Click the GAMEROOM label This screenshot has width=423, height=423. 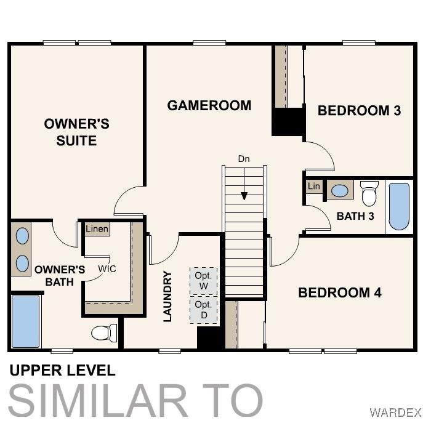(x=209, y=105)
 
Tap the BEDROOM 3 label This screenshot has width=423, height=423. (x=359, y=111)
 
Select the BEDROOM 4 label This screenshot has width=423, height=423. (x=340, y=292)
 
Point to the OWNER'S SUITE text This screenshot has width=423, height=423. (x=76, y=132)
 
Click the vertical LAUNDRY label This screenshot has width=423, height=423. (x=167, y=296)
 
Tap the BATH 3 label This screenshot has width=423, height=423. (x=355, y=216)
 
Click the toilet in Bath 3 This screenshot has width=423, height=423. (x=369, y=193)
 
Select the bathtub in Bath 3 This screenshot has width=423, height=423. (x=399, y=207)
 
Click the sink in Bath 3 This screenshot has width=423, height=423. (x=340, y=191)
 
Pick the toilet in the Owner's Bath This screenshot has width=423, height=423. (x=104, y=333)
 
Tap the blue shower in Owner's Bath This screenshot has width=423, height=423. (x=26, y=321)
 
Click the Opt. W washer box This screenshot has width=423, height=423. (x=203, y=281)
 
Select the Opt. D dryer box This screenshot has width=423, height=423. (x=204, y=310)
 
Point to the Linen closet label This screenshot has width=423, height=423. (x=97, y=229)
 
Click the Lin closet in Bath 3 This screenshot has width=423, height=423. (x=314, y=186)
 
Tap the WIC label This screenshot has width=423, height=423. (x=107, y=268)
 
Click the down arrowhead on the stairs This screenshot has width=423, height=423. (x=244, y=196)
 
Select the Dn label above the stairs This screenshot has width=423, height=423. (x=244, y=159)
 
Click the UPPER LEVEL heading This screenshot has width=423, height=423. (x=63, y=370)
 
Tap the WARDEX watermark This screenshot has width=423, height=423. (x=395, y=413)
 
